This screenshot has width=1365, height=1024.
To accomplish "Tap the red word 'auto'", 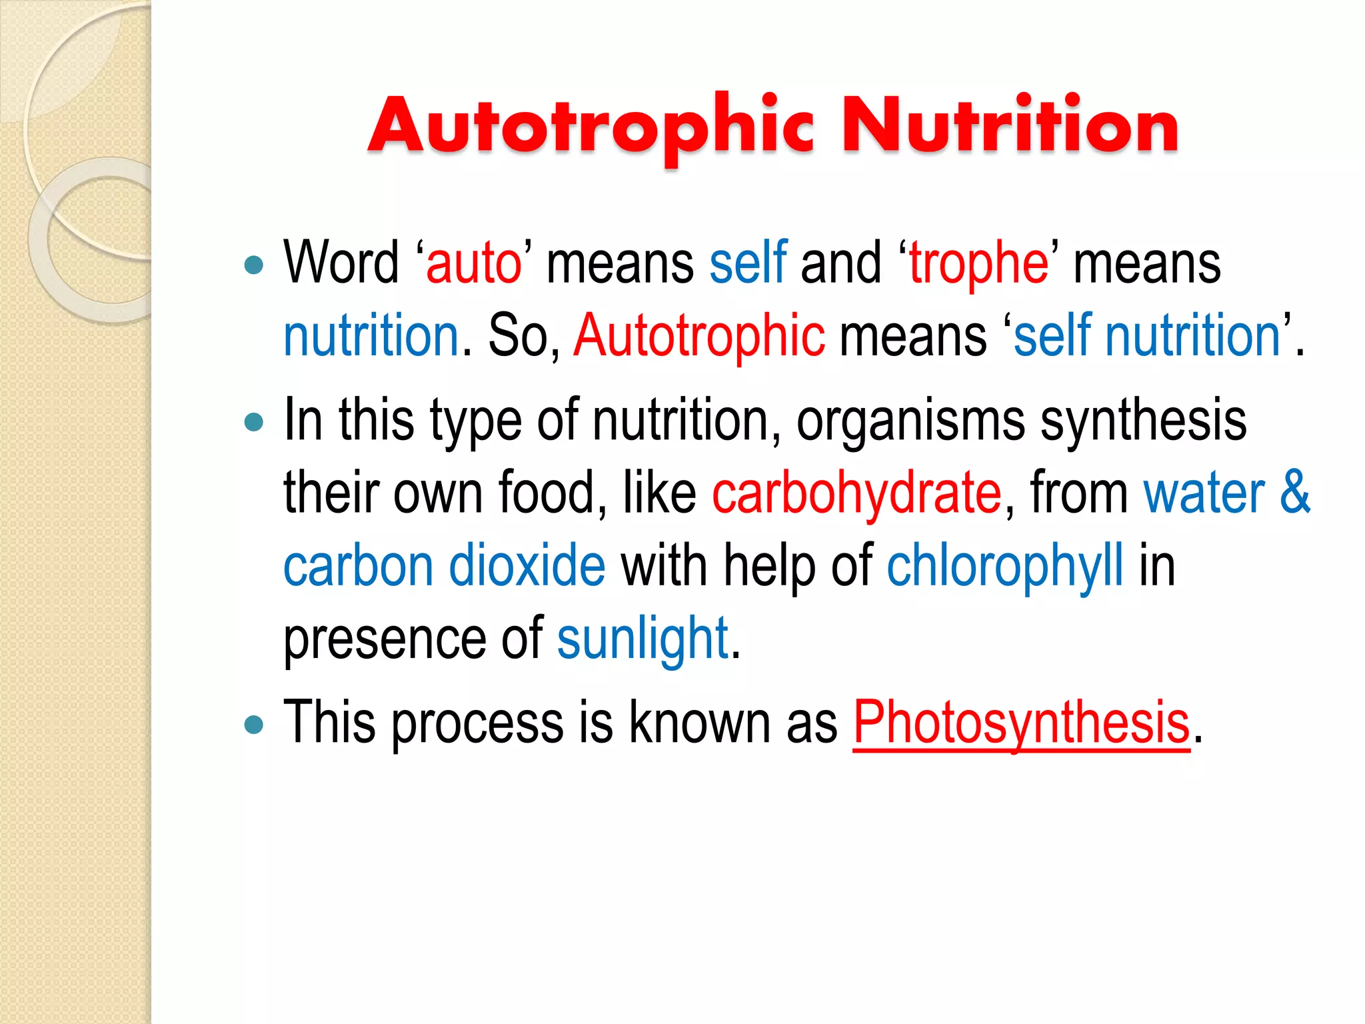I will (x=474, y=264).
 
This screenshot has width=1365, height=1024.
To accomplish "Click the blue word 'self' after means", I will (x=748, y=263).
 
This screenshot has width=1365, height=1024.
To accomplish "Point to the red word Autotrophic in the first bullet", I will (x=699, y=336).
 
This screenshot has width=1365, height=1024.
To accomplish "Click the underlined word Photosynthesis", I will (x=1021, y=724).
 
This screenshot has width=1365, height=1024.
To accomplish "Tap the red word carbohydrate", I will (x=856, y=493).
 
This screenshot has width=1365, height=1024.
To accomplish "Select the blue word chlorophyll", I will (x=1004, y=567).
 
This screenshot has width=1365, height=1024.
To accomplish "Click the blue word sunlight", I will (x=643, y=639).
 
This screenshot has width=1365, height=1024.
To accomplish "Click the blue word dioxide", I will (x=527, y=567).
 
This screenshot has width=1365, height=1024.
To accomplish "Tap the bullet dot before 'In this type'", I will (x=254, y=422).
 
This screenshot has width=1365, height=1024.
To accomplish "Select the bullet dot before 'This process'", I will (x=254, y=725).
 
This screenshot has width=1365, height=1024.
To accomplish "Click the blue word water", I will (x=1204, y=493).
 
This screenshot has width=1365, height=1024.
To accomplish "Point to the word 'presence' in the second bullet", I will (x=385, y=641).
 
